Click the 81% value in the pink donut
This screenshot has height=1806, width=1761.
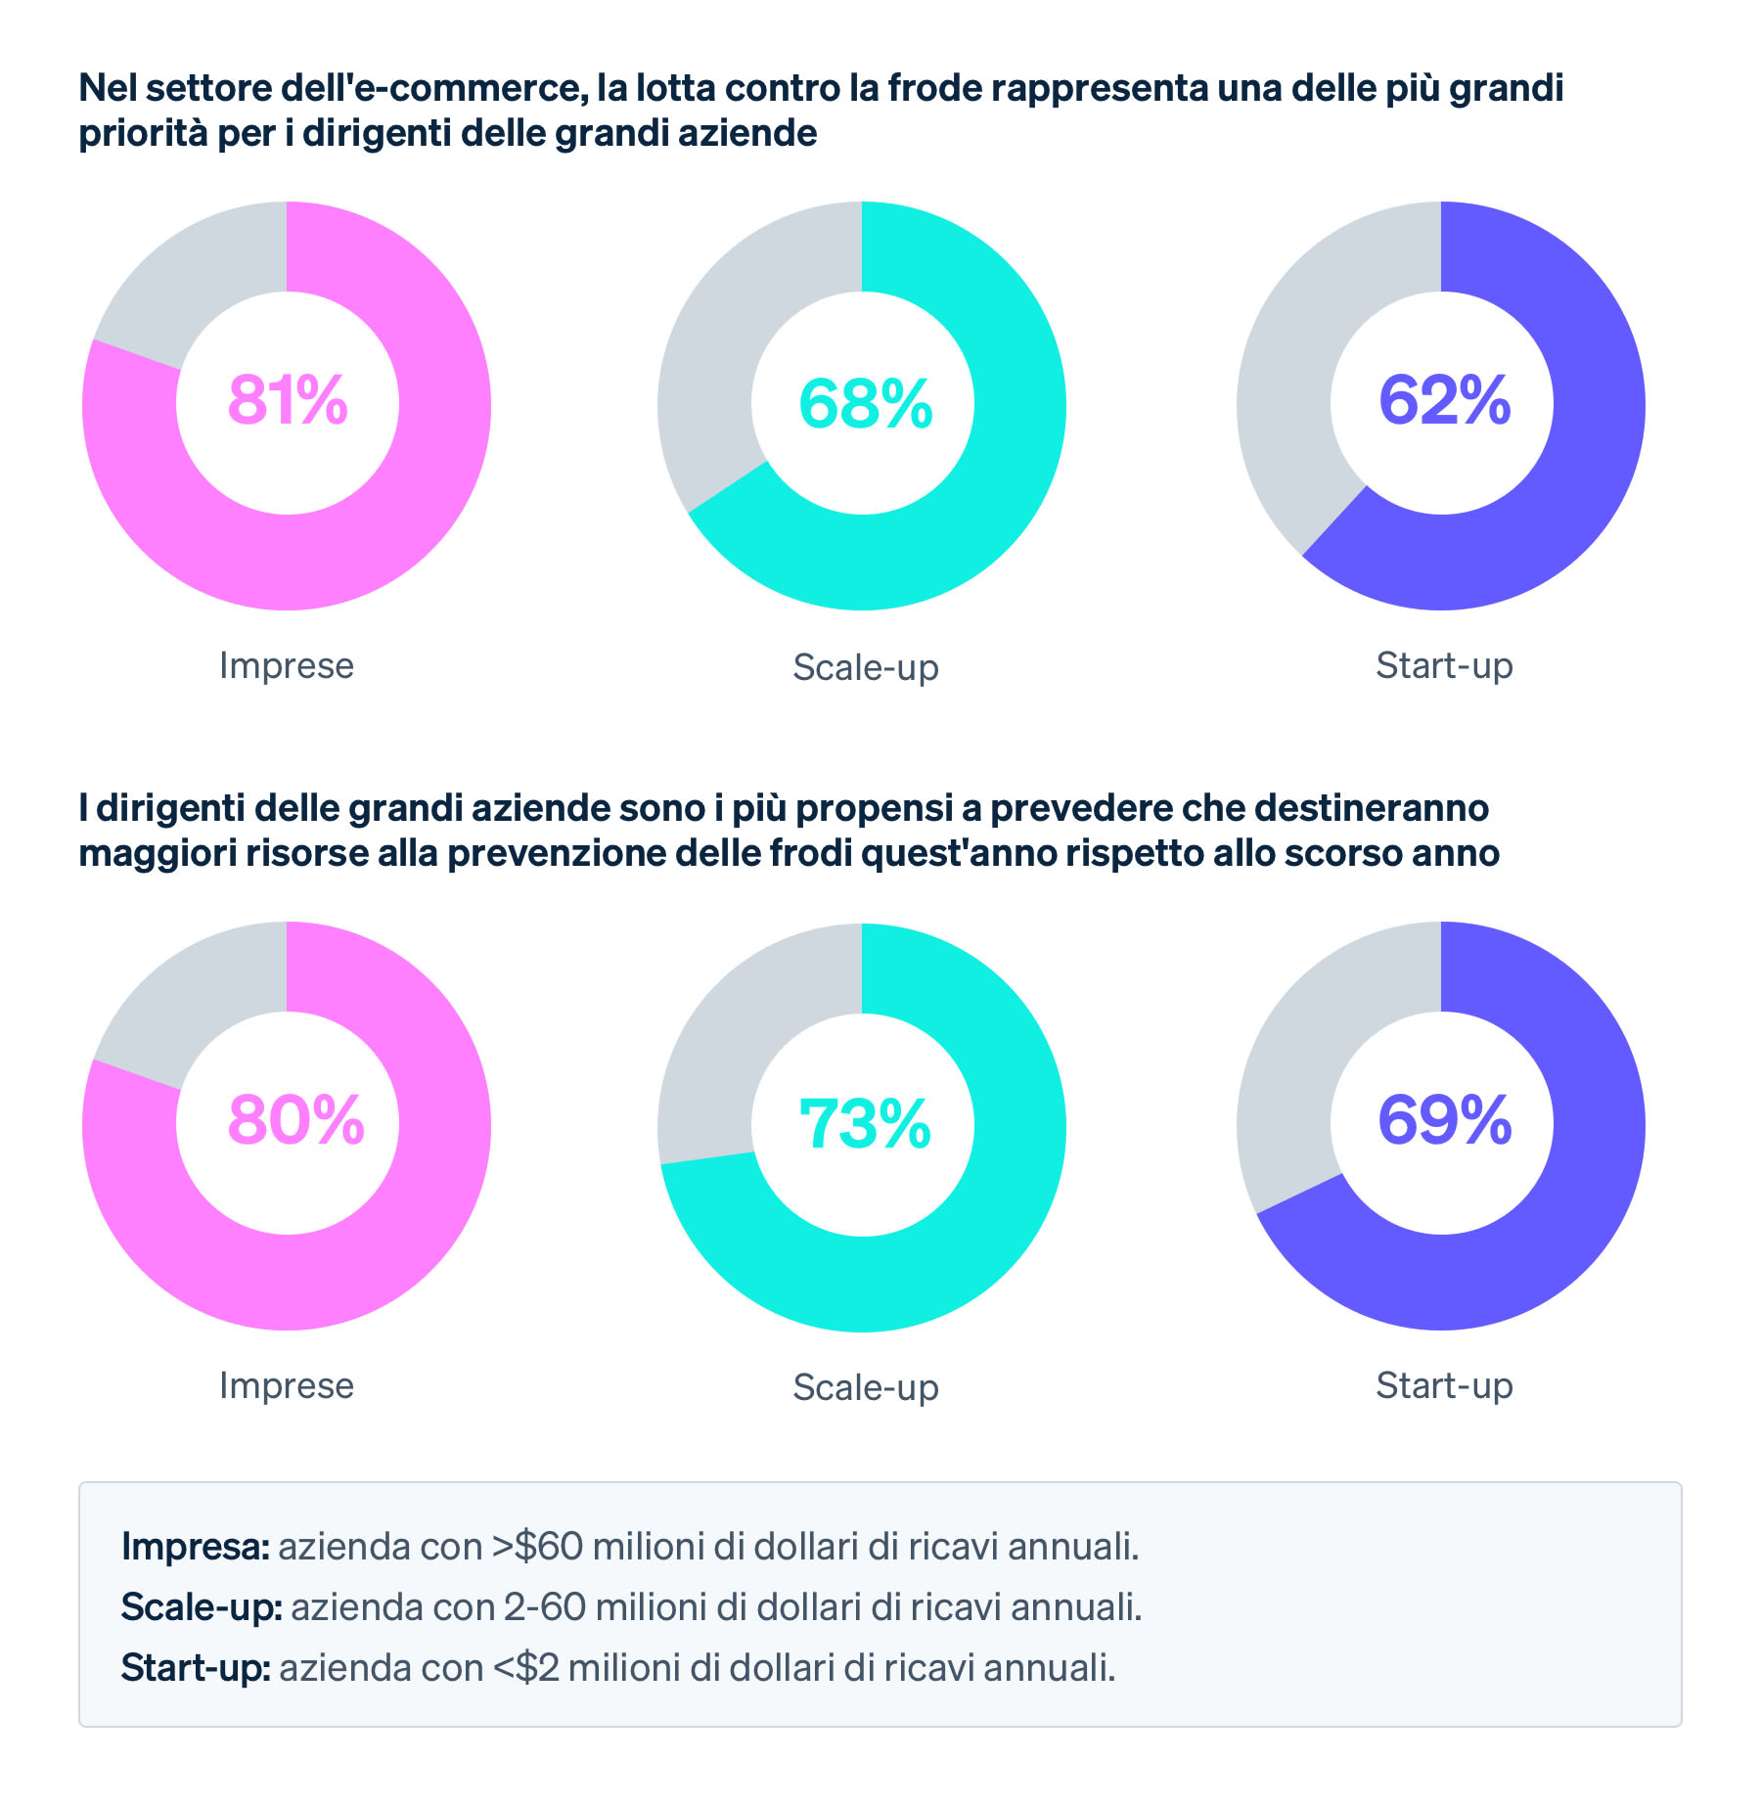[288, 400]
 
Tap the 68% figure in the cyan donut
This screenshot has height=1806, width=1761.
[865, 403]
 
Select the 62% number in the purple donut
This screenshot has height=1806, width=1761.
[1444, 400]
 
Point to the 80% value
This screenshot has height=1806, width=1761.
[295, 1120]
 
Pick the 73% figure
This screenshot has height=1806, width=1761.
[865, 1123]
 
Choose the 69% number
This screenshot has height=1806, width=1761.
[1444, 1120]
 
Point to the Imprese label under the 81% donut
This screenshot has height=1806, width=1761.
[286, 665]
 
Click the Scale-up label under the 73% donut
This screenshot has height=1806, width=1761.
[865, 1387]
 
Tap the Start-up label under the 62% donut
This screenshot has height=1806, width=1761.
[1444, 665]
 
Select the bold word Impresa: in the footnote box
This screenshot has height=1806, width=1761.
[195, 1547]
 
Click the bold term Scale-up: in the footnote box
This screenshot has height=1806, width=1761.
[202, 1607]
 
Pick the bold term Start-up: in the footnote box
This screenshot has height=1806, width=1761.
[196, 1667]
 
